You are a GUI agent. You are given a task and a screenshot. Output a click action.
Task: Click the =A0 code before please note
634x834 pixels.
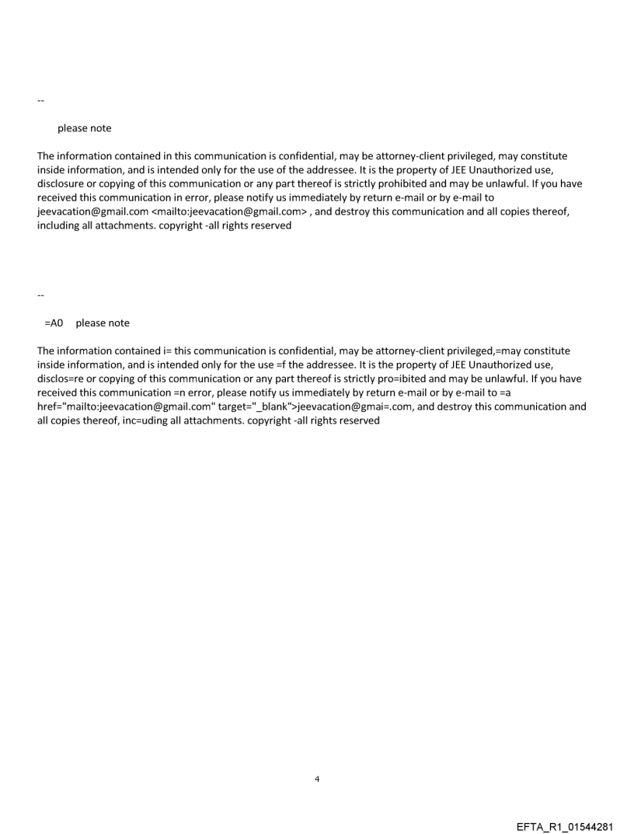click(54, 323)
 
